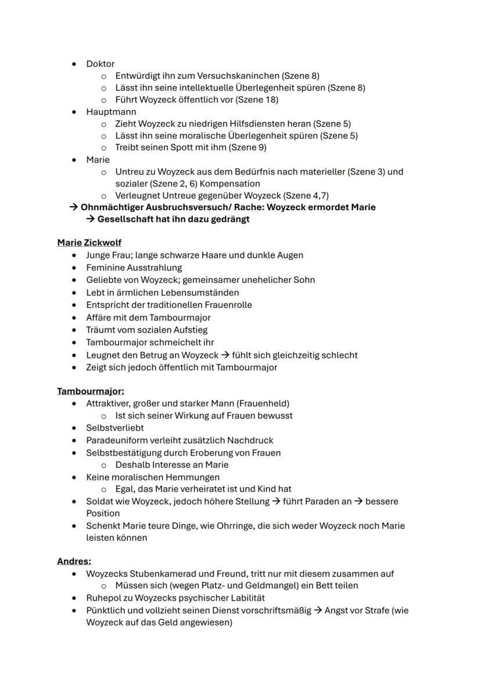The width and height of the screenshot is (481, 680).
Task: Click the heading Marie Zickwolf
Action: pyautogui.click(x=89, y=243)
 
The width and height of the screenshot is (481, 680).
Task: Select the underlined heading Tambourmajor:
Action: pyautogui.click(x=91, y=391)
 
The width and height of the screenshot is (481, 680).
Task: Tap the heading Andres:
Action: pyautogui.click(x=74, y=561)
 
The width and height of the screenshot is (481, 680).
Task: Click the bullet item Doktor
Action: pyautogui.click(x=100, y=64)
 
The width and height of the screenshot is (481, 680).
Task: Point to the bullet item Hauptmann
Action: pyautogui.click(x=111, y=111)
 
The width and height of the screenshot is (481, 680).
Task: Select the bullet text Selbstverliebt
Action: pyautogui.click(x=115, y=428)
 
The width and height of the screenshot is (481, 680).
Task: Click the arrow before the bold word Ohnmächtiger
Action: pyautogui.click(x=73, y=207)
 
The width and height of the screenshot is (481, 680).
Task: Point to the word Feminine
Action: pyautogui.click(x=105, y=268)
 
